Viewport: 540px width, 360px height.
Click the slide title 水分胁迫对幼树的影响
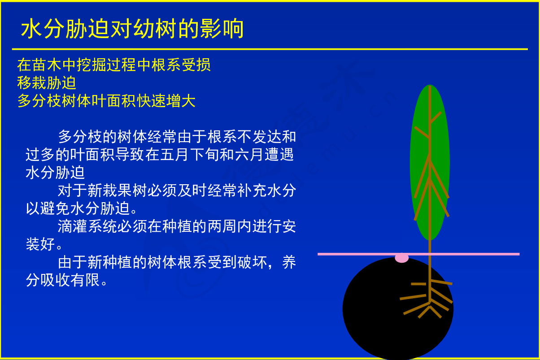pyautogui.click(x=132, y=29)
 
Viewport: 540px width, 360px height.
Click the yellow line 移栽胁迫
pyautogui.click(x=47, y=82)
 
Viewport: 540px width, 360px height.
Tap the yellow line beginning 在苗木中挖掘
pyautogui.click(x=114, y=65)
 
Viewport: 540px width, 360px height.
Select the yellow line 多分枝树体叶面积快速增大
pyautogui.click(x=106, y=100)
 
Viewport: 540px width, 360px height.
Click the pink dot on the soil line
pyautogui.click(x=401, y=258)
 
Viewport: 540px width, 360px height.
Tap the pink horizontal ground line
pyautogui.click(x=418, y=254)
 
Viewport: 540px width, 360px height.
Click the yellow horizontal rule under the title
pyautogui.click(x=270, y=49)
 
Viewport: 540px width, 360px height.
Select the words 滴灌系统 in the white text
pyautogui.click(x=87, y=226)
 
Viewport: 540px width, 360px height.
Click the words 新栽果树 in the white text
pyautogui.click(x=117, y=191)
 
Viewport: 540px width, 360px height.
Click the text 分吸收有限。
pyautogui.click(x=66, y=280)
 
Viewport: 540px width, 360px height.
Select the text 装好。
pyautogui.click(x=44, y=244)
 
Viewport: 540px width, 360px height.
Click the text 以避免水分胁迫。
pyautogui.click(x=82, y=208)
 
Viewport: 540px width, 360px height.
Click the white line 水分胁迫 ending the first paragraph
pyautogui.click(x=55, y=173)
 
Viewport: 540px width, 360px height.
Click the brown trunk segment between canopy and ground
pyautogui.click(x=430, y=247)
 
